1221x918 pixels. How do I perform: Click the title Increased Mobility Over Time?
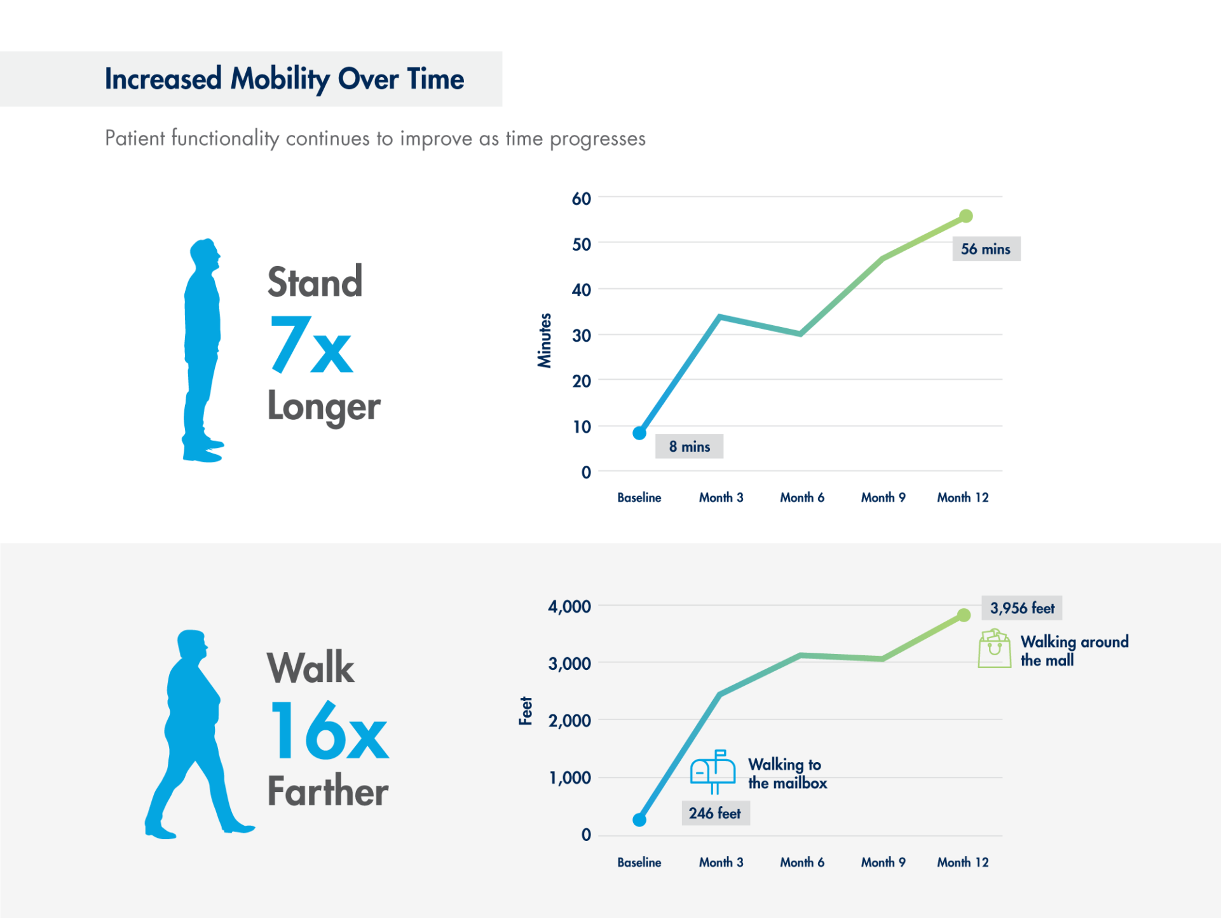click(x=284, y=79)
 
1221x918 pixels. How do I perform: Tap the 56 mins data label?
click(x=986, y=249)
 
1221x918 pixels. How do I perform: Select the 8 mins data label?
click(x=690, y=447)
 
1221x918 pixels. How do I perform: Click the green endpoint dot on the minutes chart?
click(x=965, y=216)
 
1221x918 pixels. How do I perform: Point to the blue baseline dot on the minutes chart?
click(x=639, y=433)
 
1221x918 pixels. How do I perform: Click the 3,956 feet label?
click(x=1022, y=608)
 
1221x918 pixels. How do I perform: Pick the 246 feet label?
click(x=716, y=813)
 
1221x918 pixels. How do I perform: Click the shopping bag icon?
click(x=995, y=648)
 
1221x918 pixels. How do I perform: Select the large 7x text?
click(x=311, y=344)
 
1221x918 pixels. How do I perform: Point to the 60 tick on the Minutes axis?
click(x=582, y=198)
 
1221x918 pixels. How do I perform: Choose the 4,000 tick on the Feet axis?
click(x=570, y=606)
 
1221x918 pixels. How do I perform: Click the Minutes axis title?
click(x=545, y=340)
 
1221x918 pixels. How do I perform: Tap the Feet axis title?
click(x=526, y=711)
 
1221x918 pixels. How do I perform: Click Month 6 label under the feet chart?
click(x=802, y=862)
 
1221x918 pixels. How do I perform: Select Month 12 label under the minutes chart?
click(x=963, y=497)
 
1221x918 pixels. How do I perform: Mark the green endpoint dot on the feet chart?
click(x=964, y=615)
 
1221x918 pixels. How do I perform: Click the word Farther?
click(x=328, y=791)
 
